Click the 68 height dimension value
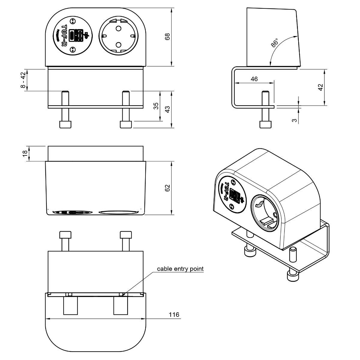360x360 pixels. (167, 36)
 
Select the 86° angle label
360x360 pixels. (274, 43)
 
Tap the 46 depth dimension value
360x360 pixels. (254, 79)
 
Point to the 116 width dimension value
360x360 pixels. (174, 314)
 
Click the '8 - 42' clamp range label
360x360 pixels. (23, 80)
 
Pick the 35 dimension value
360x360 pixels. (156, 106)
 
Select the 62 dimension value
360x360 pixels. (167, 188)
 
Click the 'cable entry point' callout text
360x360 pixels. (180, 268)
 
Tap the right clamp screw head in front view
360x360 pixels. (126, 124)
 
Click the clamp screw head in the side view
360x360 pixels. (265, 124)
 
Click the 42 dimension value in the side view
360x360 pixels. (320, 87)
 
